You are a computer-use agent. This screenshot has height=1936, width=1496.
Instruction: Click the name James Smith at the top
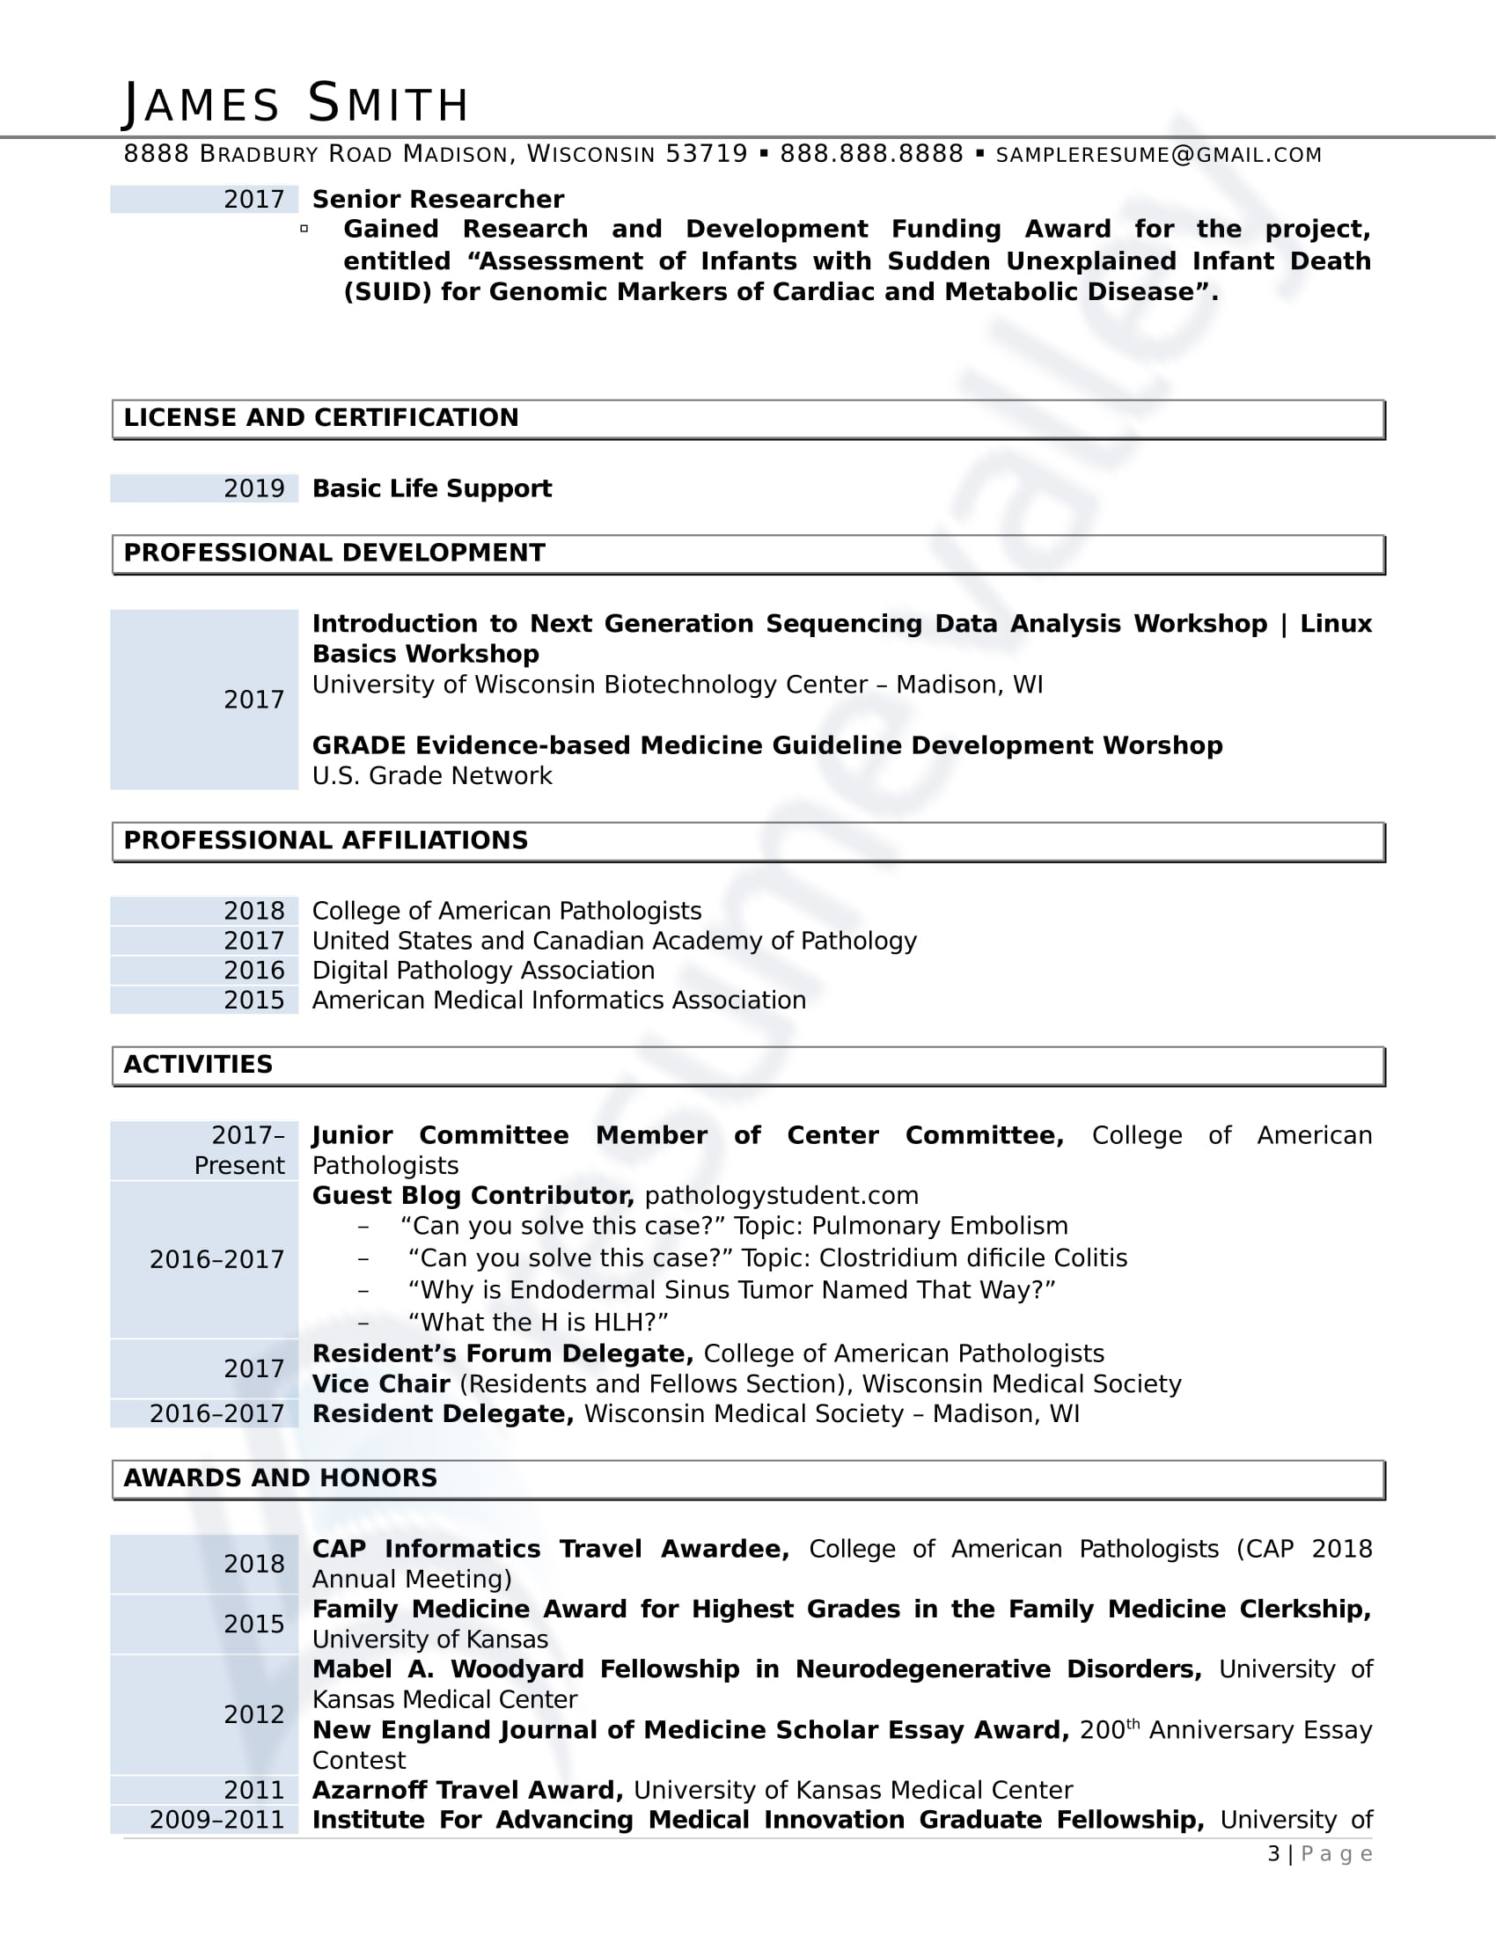click(295, 104)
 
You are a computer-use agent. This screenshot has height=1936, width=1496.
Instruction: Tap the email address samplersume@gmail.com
click(1158, 155)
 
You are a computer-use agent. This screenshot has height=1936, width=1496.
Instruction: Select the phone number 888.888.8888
click(870, 154)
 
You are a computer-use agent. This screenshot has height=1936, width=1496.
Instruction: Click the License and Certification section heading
click(321, 417)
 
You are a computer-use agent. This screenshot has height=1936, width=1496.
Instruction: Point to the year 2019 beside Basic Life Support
click(253, 488)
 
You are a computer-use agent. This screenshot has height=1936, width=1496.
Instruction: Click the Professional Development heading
click(334, 554)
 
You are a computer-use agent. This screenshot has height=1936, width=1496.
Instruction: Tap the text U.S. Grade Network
click(431, 775)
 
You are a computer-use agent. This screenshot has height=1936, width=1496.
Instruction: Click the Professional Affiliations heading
click(326, 840)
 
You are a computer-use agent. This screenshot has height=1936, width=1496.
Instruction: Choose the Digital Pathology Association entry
click(483, 971)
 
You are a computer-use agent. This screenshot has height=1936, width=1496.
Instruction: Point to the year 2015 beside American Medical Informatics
click(253, 1000)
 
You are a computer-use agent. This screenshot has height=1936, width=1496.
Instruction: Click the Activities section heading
click(198, 1065)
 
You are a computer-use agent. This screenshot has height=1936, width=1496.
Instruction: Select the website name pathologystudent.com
click(781, 1196)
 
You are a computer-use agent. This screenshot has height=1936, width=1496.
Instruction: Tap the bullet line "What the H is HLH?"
click(537, 1322)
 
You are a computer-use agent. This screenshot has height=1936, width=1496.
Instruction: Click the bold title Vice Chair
click(381, 1383)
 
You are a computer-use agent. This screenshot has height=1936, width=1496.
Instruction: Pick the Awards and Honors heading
click(280, 1478)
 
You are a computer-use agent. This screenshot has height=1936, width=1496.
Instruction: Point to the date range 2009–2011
click(216, 1820)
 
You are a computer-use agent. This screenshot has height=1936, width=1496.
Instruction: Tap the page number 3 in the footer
click(1273, 1853)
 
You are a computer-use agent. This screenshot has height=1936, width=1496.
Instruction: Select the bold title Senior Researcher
click(438, 200)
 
